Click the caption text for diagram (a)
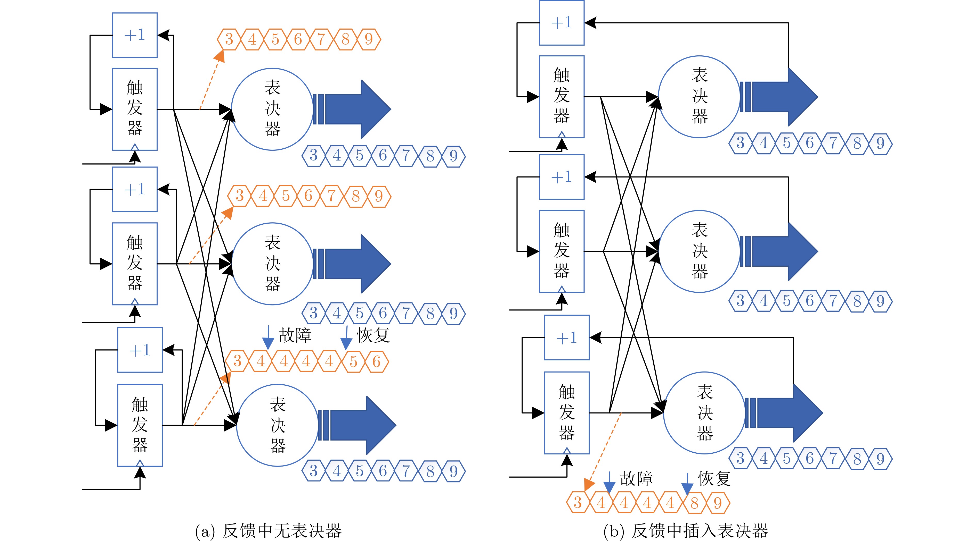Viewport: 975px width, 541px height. (x=268, y=531)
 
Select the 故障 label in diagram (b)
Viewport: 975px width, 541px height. (x=636, y=479)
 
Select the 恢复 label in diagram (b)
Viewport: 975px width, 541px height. (x=714, y=479)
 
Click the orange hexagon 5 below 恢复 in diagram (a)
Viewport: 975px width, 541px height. (x=353, y=361)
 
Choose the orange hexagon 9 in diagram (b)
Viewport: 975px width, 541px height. (x=718, y=503)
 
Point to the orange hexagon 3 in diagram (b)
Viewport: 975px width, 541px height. (x=578, y=503)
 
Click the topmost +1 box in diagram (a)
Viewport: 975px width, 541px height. (x=135, y=35)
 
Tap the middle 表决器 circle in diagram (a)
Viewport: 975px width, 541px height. (x=273, y=264)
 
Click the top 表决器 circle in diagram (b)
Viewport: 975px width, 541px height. (x=700, y=97)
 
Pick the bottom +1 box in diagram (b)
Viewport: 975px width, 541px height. (x=567, y=337)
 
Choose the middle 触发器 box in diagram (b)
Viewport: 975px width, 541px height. (x=562, y=251)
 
